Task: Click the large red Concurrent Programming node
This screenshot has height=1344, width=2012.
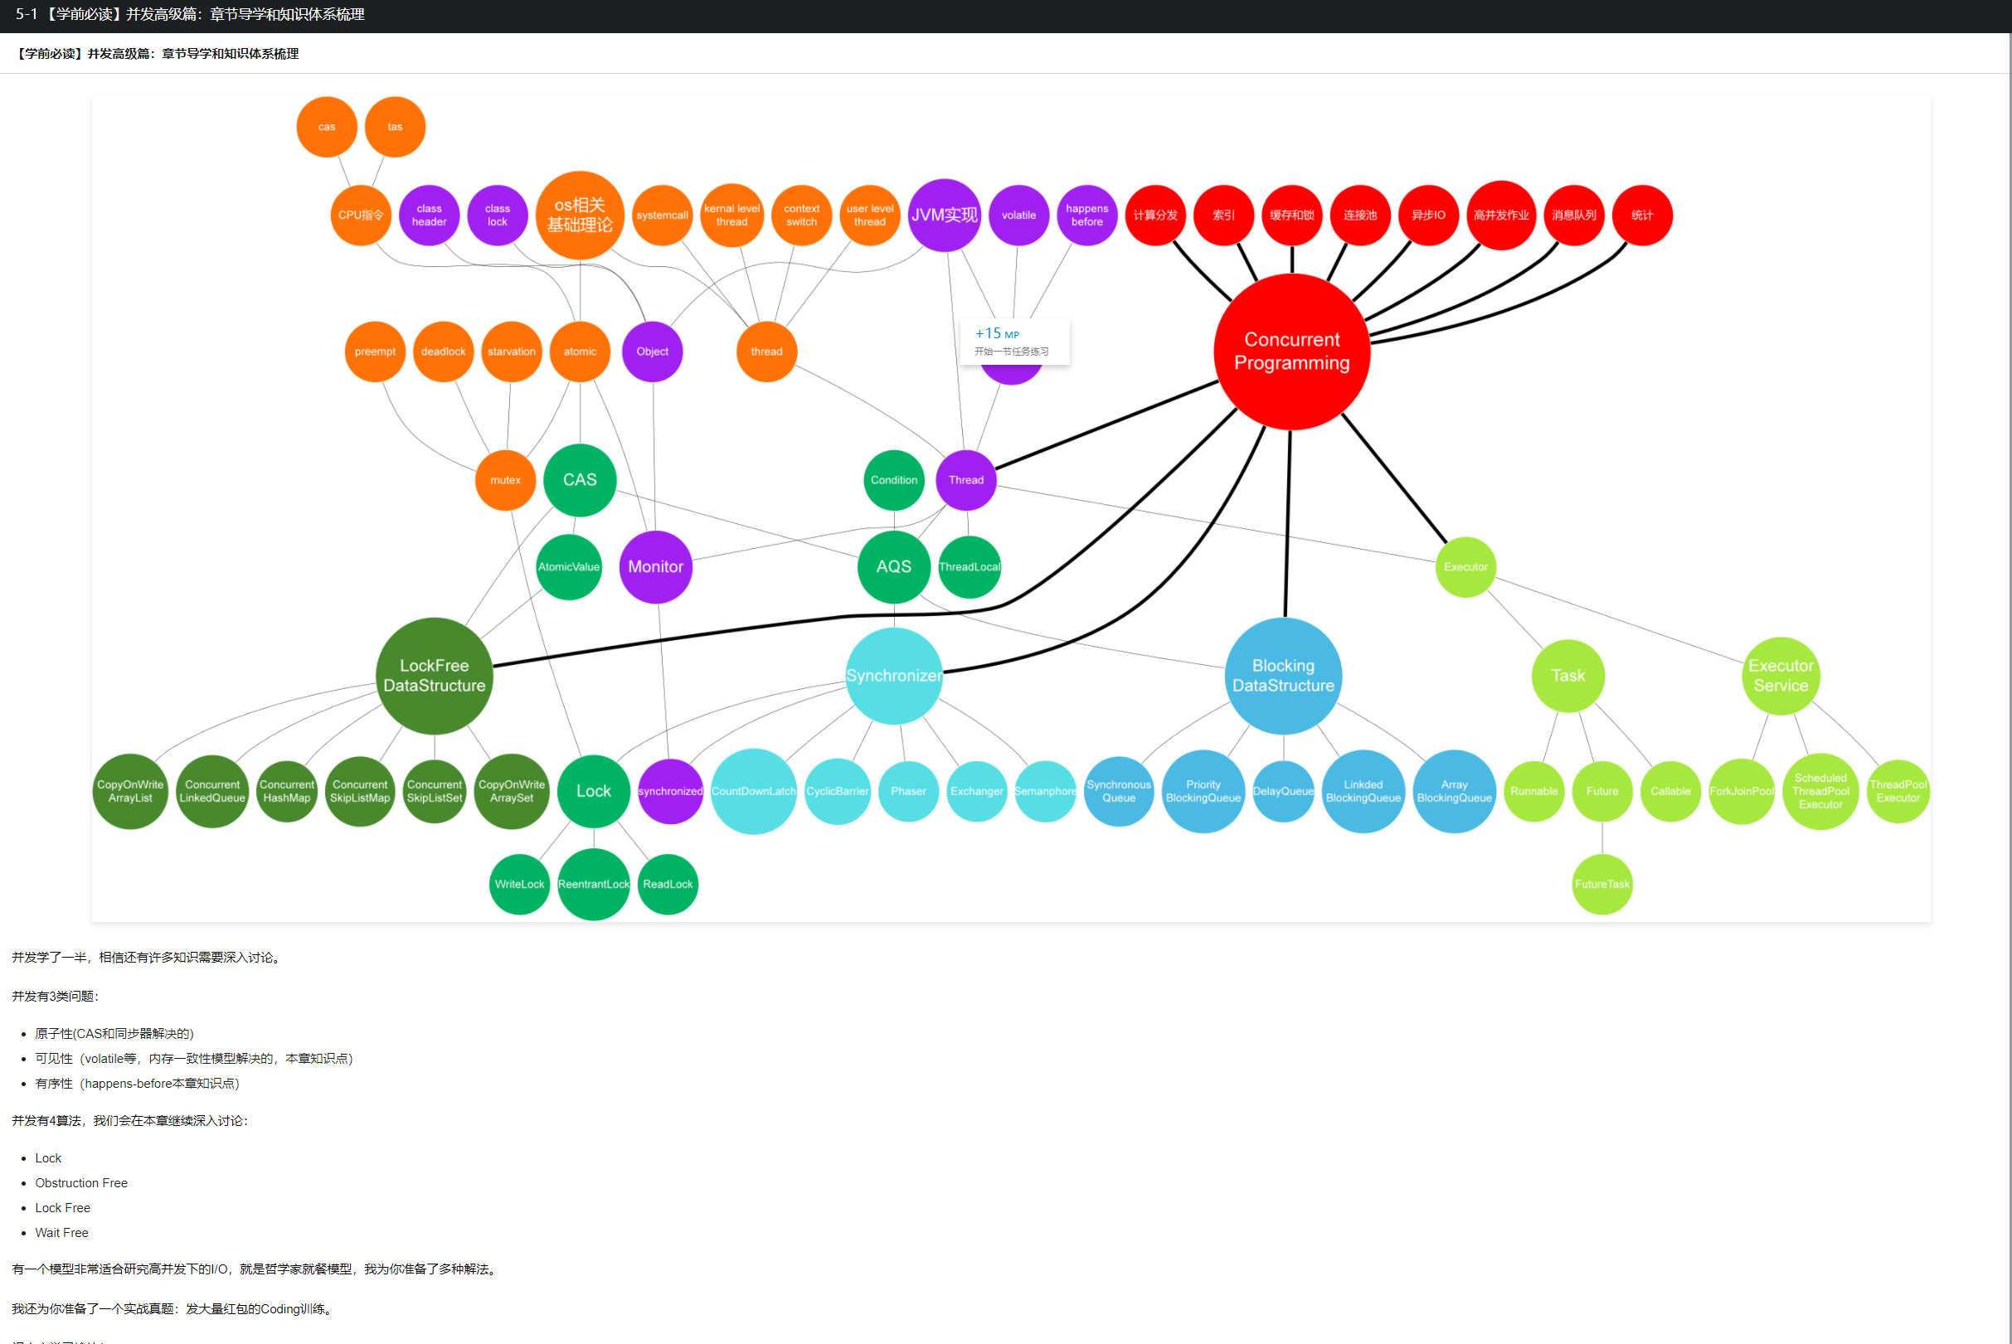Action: click(1291, 352)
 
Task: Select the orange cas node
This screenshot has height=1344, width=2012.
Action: click(327, 127)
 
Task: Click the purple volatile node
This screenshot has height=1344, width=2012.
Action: click(1018, 215)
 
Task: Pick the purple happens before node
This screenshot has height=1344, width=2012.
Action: click(1087, 215)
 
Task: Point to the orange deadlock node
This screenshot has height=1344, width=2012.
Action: click(443, 352)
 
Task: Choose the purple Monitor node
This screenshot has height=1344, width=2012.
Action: click(655, 566)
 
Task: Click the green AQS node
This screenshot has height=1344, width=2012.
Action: click(893, 566)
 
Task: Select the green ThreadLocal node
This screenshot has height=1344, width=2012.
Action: click(970, 566)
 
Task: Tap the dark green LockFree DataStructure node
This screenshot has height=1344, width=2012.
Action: click(434, 676)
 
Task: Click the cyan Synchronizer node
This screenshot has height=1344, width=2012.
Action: click(893, 676)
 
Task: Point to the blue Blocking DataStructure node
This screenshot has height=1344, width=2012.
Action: click(1282, 676)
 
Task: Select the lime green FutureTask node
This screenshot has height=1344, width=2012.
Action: click(1601, 884)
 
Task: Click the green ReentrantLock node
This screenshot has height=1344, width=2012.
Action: click(593, 884)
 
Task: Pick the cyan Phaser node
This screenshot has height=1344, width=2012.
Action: click(908, 791)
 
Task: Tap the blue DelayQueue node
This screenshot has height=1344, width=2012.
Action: click(1282, 791)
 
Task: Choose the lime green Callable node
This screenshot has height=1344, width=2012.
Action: click(1670, 791)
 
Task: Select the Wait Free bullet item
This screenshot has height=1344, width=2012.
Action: click(61, 1233)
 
